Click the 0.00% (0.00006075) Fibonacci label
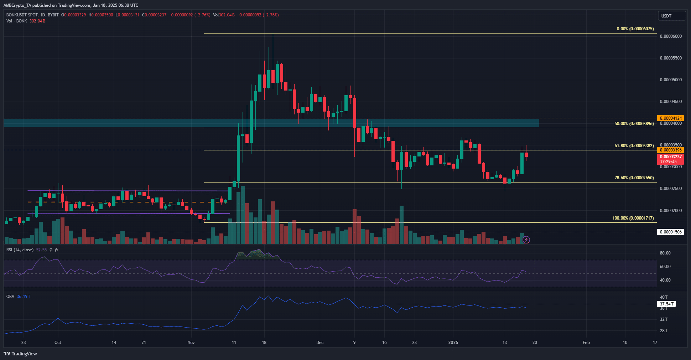coord(635,29)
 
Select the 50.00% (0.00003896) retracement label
coord(634,124)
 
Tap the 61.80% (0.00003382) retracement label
coord(634,146)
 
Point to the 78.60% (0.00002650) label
coord(634,178)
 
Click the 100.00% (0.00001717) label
coord(633,218)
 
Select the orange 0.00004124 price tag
coord(671,118)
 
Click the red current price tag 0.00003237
coord(671,157)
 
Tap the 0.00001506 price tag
coord(671,232)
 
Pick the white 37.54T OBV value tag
coord(666,304)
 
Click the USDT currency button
coord(671,16)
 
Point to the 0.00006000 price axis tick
coord(671,36)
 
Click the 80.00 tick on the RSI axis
coord(665,253)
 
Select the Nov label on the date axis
coord(191,343)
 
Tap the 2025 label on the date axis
coord(453,343)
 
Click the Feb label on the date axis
coord(586,343)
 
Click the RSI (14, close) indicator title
coord(20,250)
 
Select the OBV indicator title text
coord(10,297)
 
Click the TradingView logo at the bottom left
coord(20,354)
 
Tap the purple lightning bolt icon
coord(526,240)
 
